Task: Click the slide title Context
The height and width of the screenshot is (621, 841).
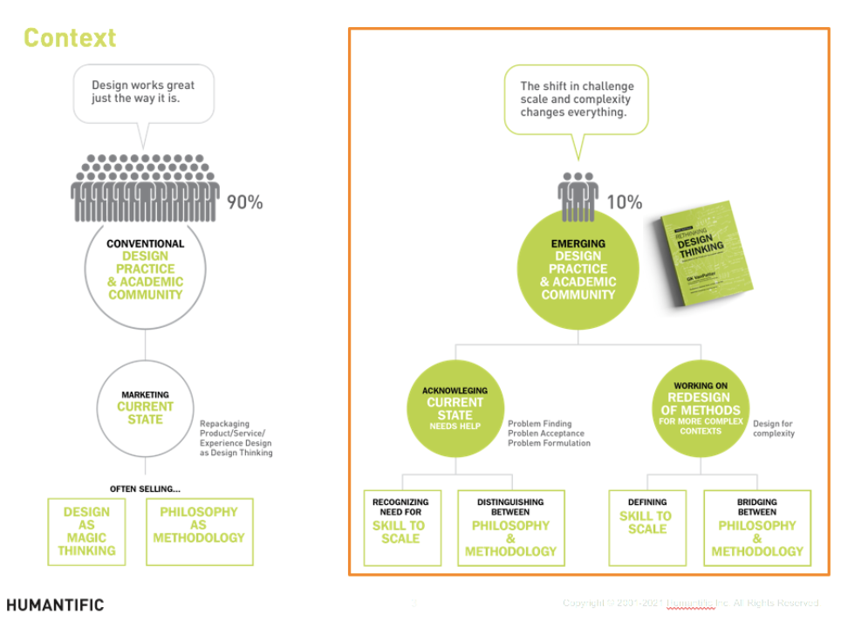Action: click(69, 38)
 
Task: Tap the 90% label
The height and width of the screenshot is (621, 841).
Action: click(245, 202)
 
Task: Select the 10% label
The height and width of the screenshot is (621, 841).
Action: click(624, 202)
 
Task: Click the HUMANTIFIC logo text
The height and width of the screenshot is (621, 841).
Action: click(55, 604)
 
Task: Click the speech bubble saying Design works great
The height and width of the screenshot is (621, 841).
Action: click(143, 92)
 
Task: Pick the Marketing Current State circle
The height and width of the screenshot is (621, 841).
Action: click(146, 407)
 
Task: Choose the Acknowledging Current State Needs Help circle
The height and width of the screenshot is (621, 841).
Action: click(455, 407)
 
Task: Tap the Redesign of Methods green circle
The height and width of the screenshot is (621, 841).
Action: click(701, 407)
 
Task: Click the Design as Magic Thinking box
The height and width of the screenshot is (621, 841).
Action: click(86, 531)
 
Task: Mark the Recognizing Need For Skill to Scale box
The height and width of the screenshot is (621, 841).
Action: click(401, 528)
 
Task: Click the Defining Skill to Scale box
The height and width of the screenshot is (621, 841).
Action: click(647, 528)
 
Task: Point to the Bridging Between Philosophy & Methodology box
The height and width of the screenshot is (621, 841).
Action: click(756, 528)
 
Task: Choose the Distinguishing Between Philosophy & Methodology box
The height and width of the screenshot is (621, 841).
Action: click(510, 528)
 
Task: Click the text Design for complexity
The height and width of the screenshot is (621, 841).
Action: click(774, 428)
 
